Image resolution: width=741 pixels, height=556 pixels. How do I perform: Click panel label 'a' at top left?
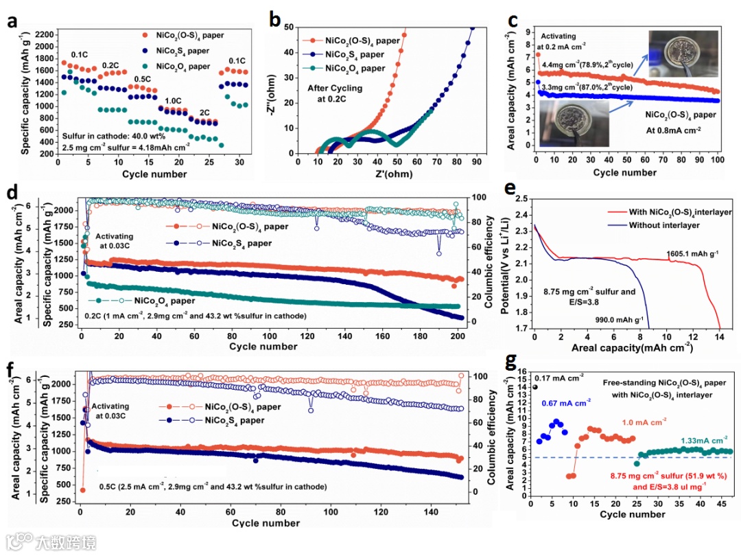coord(12,21)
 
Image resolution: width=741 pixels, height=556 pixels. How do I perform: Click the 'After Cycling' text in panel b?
coord(336,89)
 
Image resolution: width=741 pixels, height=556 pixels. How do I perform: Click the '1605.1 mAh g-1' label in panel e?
coord(693,254)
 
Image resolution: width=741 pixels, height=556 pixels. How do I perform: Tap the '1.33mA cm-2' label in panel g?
coord(704,441)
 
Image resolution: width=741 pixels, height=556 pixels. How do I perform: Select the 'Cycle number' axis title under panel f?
coord(266,523)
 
